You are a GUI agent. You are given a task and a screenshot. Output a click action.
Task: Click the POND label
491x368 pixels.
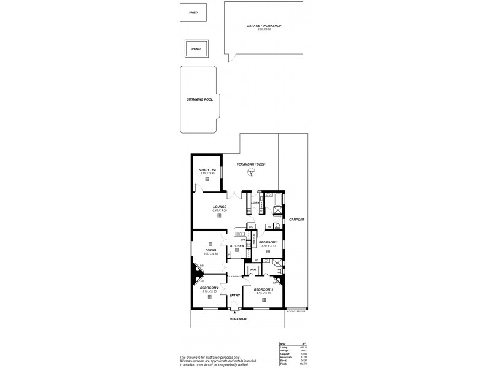click(x=195, y=48)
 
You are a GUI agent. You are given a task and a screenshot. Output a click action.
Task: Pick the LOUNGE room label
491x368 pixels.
click(x=220, y=207)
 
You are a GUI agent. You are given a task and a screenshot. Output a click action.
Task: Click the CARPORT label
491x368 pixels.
click(x=297, y=219)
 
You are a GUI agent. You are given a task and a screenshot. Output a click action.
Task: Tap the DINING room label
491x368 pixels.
click(x=211, y=250)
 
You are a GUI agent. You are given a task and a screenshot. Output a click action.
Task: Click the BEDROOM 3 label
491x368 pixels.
click(x=268, y=243)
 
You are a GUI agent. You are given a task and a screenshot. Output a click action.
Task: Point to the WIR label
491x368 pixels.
click(x=252, y=269)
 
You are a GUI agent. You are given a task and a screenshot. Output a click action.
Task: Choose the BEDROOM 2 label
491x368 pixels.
click(x=210, y=288)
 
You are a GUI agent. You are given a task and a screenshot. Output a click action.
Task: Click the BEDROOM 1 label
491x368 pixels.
click(x=263, y=289)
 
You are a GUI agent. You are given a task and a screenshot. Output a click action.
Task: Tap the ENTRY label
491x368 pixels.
click(x=234, y=296)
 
